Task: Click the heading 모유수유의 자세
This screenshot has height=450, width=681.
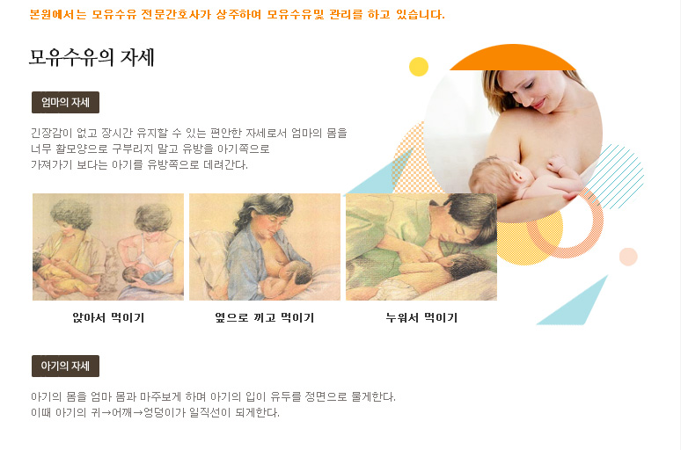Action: tap(92, 57)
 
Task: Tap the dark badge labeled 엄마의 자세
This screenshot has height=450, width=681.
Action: tap(66, 103)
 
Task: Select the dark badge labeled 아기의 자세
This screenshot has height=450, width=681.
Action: tap(66, 366)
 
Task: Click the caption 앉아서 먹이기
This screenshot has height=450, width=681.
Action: tap(108, 317)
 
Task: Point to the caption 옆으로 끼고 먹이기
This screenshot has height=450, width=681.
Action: tap(265, 317)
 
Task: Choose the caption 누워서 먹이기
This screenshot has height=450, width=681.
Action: tap(421, 317)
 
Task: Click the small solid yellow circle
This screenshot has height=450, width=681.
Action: tap(419, 67)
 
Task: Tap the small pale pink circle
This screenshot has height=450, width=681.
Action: tap(628, 257)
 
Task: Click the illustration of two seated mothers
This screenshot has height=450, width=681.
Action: tap(108, 247)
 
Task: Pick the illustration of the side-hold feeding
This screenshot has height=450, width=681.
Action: tap(265, 247)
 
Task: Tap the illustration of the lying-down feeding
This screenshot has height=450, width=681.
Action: tap(421, 247)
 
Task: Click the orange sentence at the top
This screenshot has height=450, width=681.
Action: tap(238, 15)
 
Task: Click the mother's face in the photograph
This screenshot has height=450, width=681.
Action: tap(528, 92)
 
